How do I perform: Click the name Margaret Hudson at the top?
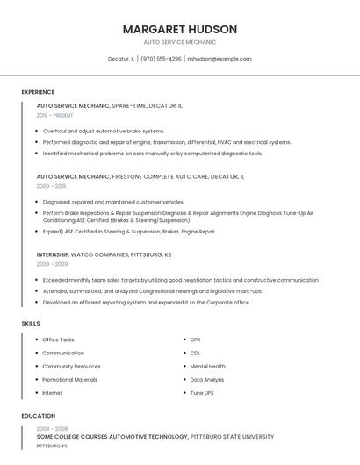(x=180, y=29)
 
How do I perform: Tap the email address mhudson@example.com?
(x=220, y=59)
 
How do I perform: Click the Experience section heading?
(x=38, y=92)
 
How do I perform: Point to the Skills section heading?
(x=31, y=324)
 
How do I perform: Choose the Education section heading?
(x=39, y=416)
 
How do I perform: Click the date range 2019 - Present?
(x=55, y=115)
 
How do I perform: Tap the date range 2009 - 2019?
(x=51, y=186)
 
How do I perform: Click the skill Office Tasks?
(x=58, y=340)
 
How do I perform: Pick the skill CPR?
(x=196, y=340)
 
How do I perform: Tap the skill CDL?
(x=196, y=353)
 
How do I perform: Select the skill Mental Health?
(x=207, y=366)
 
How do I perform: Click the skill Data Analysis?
(x=207, y=380)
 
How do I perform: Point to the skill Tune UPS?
(x=202, y=393)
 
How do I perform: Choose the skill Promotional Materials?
(x=69, y=380)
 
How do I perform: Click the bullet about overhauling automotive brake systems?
(x=104, y=131)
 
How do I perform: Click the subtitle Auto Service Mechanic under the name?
(x=180, y=42)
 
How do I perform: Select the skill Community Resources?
(x=71, y=366)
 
